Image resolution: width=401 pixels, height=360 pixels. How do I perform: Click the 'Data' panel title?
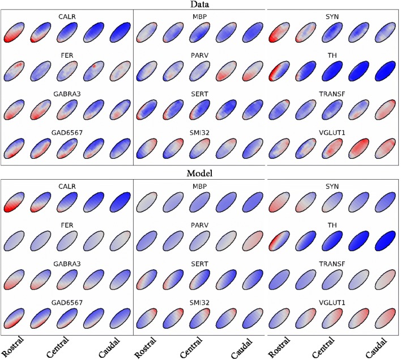tap(200, 5)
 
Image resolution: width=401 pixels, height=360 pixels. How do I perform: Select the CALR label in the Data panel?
tap(67, 16)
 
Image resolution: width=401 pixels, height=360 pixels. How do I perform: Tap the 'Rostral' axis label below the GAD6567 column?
tap(12, 345)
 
